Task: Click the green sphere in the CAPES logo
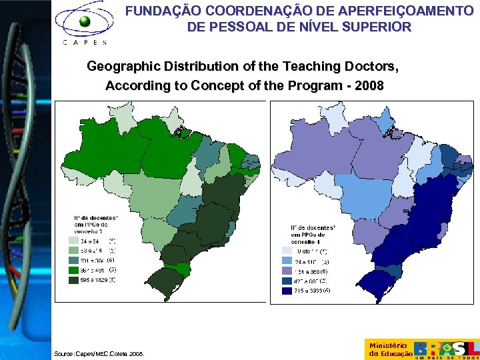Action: [x=85, y=21]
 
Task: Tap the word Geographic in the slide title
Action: [x=120, y=67]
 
